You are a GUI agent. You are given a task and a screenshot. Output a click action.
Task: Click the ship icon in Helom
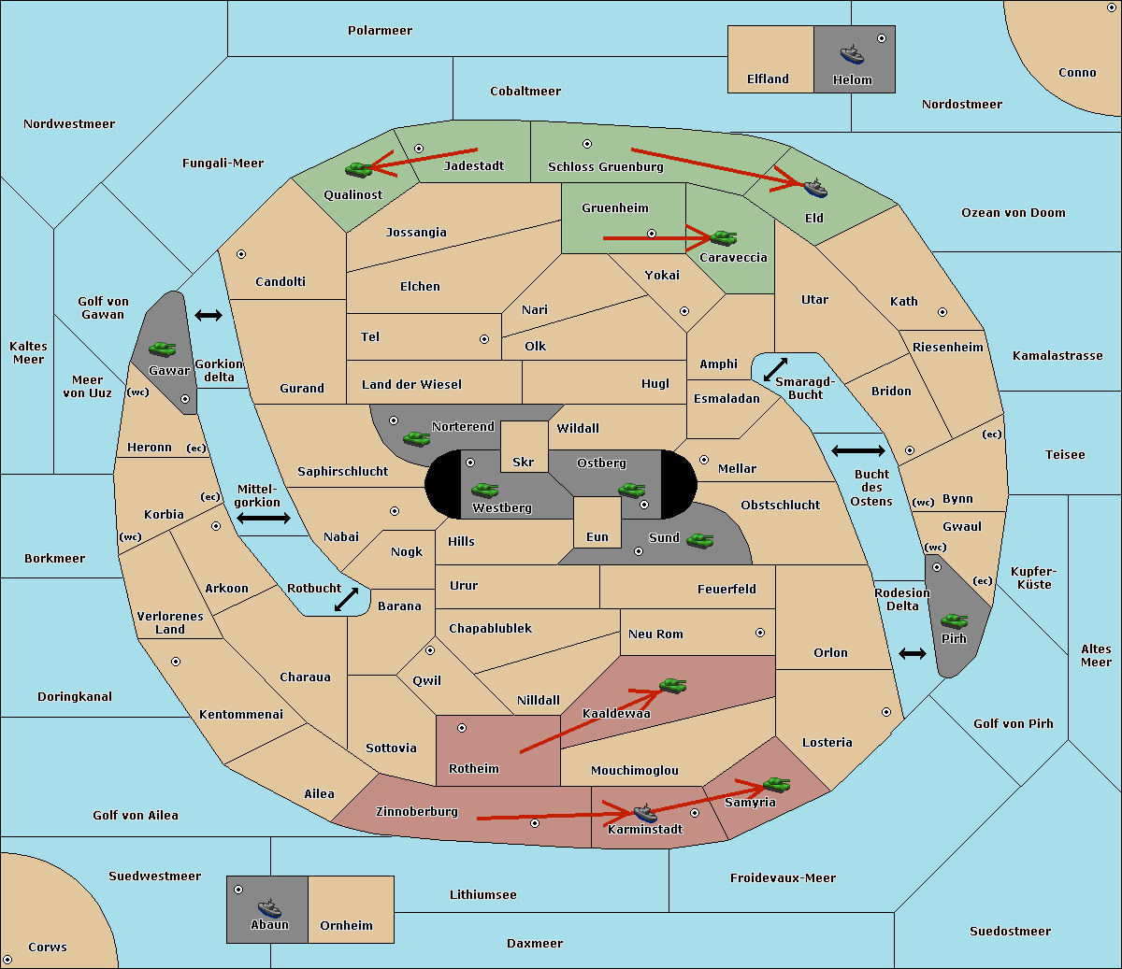coord(851,54)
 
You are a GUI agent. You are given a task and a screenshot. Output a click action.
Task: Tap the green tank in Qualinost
coord(359,169)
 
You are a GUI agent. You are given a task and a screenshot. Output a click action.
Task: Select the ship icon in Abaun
coord(269,907)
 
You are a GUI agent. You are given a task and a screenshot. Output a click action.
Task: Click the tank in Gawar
coord(163,349)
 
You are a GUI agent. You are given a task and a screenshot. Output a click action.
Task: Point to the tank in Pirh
coord(954,621)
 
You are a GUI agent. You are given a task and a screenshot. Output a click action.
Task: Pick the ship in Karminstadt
coord(645,812)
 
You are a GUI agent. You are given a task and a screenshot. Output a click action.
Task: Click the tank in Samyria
coord(776,784)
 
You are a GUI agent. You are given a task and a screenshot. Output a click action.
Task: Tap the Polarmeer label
coord(380,31)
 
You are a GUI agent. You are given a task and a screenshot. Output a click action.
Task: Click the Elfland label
coord(768,79)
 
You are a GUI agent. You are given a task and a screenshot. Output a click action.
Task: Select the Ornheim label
coord(346,926)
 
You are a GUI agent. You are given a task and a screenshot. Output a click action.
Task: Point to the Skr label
coord(524,463)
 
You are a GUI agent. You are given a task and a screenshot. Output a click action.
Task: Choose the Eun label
coord(597,537)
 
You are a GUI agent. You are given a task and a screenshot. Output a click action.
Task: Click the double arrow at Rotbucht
coord(347,599)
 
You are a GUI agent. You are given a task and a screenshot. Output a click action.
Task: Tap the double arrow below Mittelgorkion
coord(264,518)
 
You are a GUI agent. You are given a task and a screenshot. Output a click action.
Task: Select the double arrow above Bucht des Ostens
coord(857,451)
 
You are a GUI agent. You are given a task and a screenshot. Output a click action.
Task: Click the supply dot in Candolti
coord(241,254)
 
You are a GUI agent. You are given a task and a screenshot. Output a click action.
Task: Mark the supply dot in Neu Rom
coord(760,633)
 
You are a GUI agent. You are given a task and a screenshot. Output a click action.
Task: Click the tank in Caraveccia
coord(723,238)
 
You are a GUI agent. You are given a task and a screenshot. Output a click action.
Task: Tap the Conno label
coord(1077,73)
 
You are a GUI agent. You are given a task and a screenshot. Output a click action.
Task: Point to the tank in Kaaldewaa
coord(672,686)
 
